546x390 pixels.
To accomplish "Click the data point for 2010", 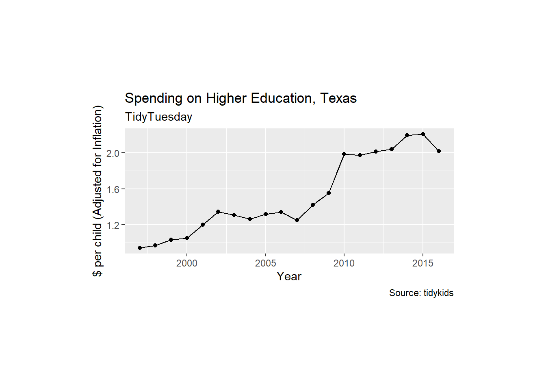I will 344,154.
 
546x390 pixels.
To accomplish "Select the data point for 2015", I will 423,134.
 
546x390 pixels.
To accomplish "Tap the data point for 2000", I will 187,238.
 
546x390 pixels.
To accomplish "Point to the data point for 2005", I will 266,214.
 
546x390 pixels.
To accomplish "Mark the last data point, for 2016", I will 439,151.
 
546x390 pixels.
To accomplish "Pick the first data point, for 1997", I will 140,248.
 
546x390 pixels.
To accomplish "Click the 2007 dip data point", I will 297,220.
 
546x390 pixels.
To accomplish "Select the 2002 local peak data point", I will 218,212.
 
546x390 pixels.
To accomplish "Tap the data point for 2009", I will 329,193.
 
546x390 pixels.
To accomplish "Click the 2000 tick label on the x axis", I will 187,263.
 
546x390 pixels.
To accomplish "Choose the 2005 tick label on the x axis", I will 266,263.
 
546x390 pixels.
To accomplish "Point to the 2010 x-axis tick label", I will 344,263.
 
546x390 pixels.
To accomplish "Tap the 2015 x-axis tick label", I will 423,263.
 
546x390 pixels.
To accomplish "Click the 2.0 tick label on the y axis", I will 113,153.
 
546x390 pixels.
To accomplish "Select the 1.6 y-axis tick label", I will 113,189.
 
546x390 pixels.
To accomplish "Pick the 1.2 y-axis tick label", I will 113,225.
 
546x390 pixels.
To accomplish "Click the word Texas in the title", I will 338,98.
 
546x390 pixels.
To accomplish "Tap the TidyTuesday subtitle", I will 158,117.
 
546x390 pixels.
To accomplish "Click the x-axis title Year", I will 289,276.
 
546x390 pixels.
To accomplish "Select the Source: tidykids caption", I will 421,293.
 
